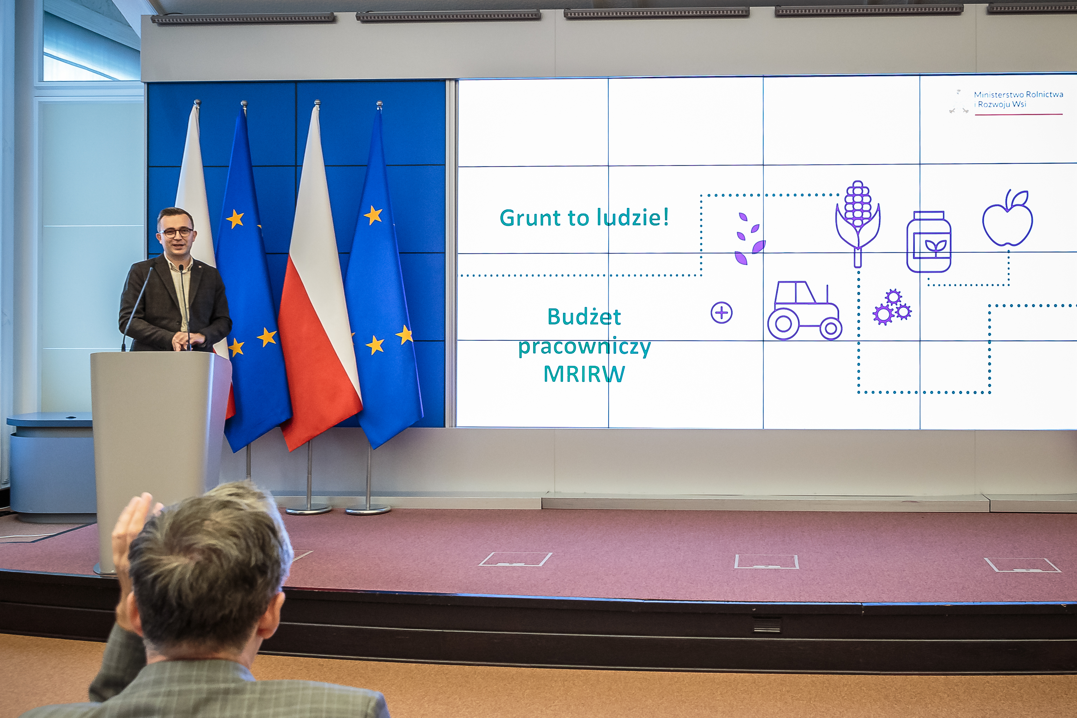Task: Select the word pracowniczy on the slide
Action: pos(584,347)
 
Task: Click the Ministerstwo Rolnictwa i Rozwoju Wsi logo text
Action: pos(1018,99)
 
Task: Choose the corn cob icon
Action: pos(858,223)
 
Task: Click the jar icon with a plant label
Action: pos(929,242)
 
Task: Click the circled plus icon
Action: pos(721,313)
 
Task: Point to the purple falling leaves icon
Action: pos(749,238)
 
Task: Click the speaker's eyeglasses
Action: pos(176,232)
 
